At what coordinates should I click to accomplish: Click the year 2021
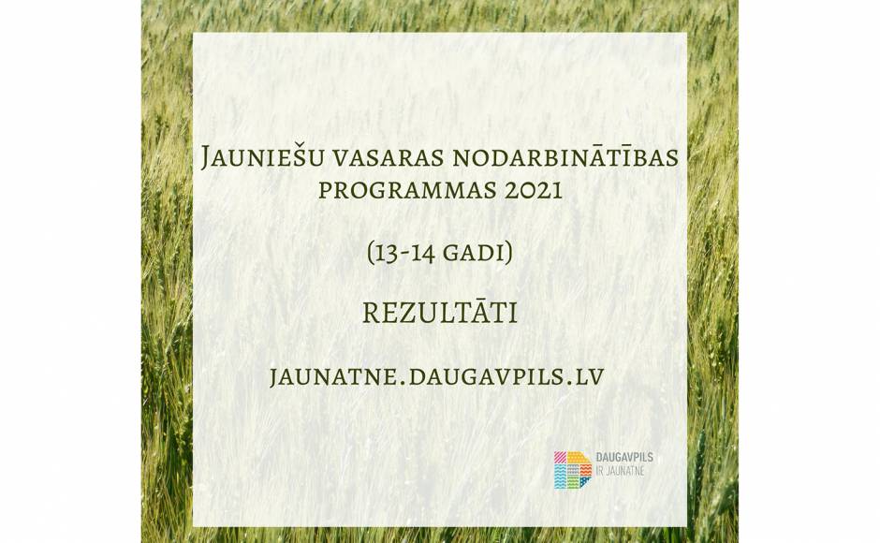[534, 190]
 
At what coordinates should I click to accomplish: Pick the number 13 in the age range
[386, 254]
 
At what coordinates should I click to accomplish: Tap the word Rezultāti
[440, 314]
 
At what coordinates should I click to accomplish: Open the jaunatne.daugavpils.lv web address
[436, 376]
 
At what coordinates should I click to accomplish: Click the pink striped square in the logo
[560, 457]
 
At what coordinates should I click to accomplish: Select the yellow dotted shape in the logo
[579, 458]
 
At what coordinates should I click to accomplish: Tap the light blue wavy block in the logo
[560, 477]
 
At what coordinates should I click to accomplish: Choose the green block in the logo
[572, 483]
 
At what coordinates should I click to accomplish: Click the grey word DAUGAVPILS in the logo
[624, 458]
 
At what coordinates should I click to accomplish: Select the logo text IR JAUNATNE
[620, 472]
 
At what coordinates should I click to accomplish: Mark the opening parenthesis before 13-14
[371, 254]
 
